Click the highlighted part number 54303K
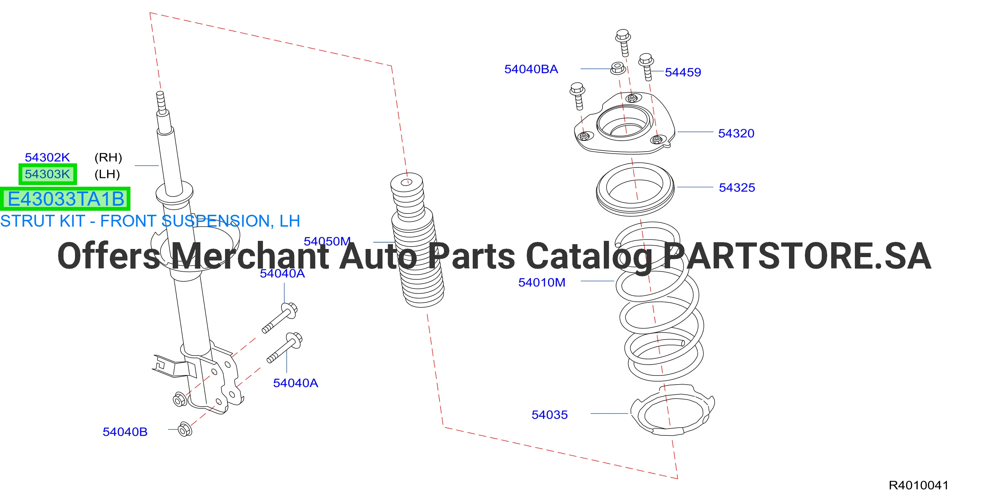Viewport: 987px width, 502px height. click(48, 174)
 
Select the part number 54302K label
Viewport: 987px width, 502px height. click(48, 157)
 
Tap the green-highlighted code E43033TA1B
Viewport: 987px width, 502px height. click(66, 199)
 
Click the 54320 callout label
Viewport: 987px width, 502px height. click(736, 133)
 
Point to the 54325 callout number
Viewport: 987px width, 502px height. click(737, 187)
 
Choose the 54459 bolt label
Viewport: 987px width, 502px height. click(683, 72)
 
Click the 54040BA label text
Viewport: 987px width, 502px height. click(531, 69)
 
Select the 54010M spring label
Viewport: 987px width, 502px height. click(542, 282)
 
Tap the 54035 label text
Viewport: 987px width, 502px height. click(549, 415)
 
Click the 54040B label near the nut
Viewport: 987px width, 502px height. click(125, 432)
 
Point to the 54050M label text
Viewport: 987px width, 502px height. click(327, 241)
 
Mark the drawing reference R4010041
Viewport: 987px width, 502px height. click(918, 485)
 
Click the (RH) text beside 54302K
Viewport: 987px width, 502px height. click(108, 157)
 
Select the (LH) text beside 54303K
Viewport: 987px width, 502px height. click(107, 174)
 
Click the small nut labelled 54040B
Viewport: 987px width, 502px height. click(186, 429)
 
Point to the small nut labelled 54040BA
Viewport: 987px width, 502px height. click(617, 68)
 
